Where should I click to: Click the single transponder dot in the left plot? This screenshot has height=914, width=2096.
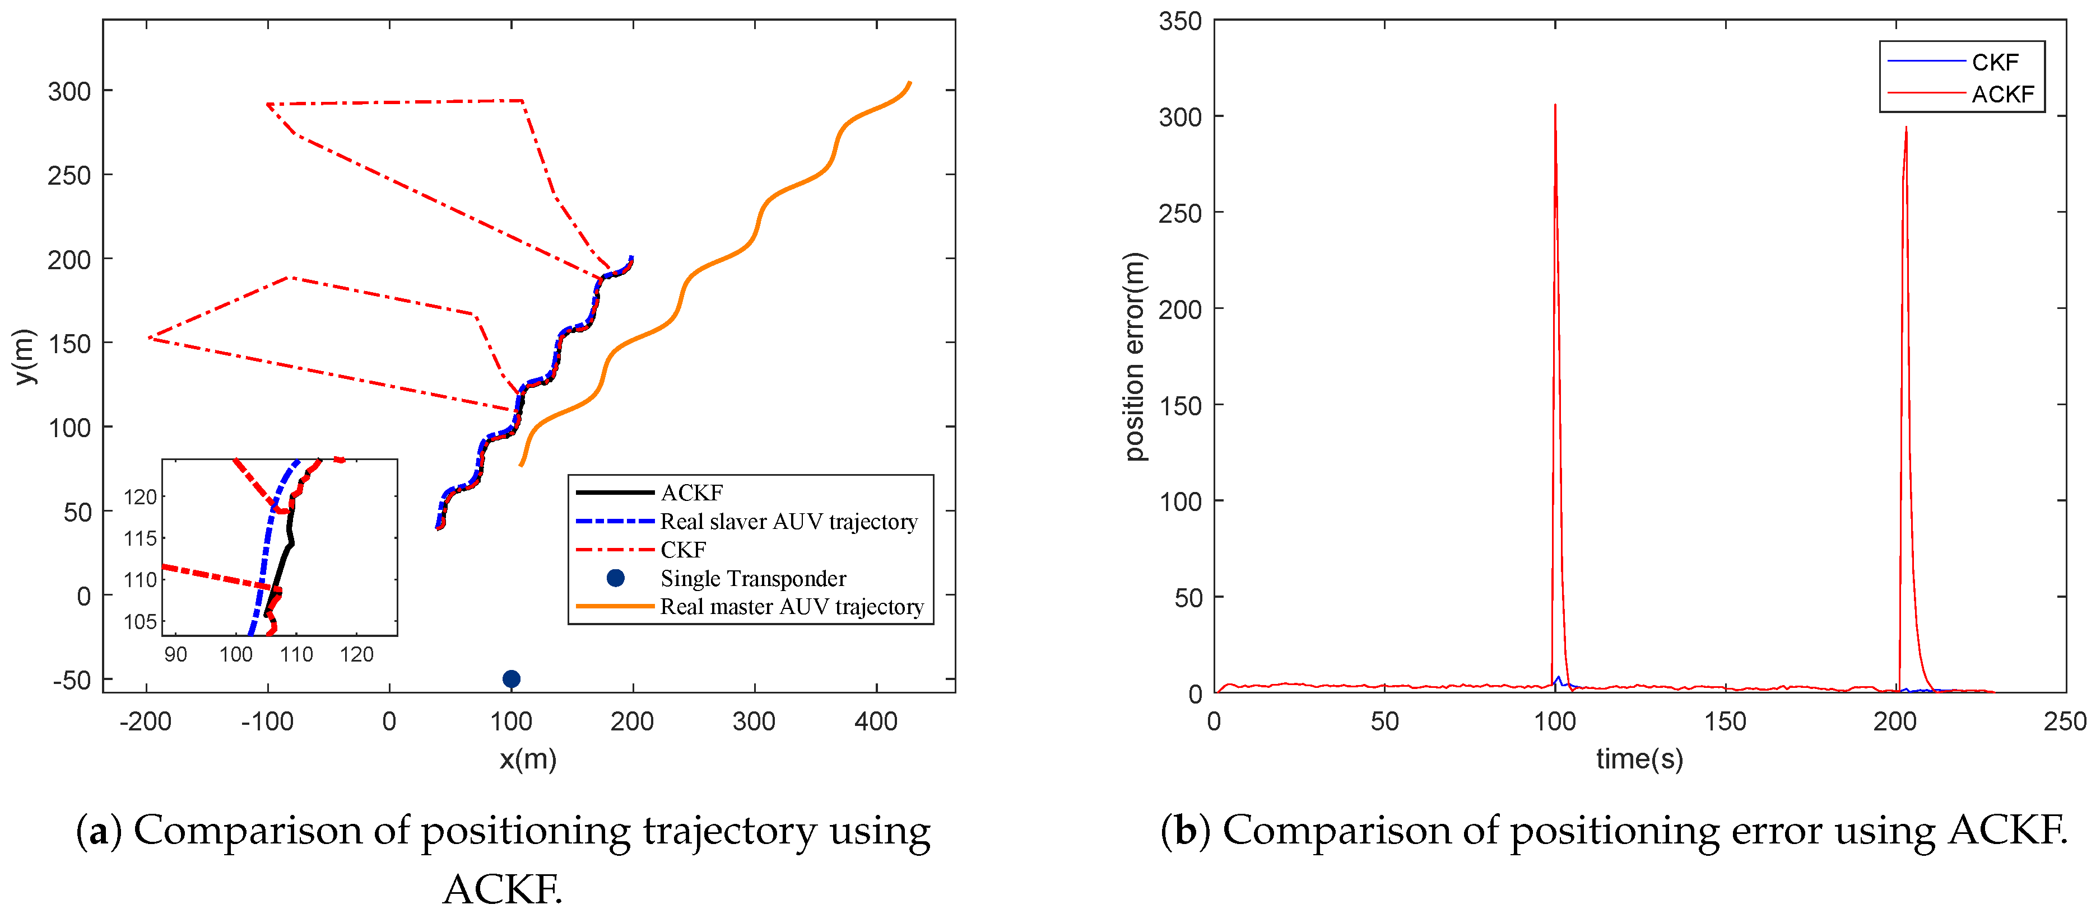(511, 678)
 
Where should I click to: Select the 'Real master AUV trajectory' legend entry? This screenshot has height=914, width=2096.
(791, 607)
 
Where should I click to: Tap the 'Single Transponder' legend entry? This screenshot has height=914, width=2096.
(752, 578)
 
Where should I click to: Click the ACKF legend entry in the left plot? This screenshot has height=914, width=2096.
(691, 493)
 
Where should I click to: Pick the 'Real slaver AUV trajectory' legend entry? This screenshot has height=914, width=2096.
(788, 521)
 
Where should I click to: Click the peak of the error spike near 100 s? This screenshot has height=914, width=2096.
(1555, 106)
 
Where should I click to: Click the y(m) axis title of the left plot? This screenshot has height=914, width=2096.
(25, 356)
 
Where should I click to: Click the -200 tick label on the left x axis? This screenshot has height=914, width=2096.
(145, 721)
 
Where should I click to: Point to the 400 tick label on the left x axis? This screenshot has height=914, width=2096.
(876, 721)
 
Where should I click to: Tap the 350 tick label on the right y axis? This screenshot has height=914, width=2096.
(1180, 21)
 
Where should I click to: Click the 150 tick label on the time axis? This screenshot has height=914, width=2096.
(1725, 721)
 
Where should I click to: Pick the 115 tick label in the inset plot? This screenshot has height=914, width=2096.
(140, 538)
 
